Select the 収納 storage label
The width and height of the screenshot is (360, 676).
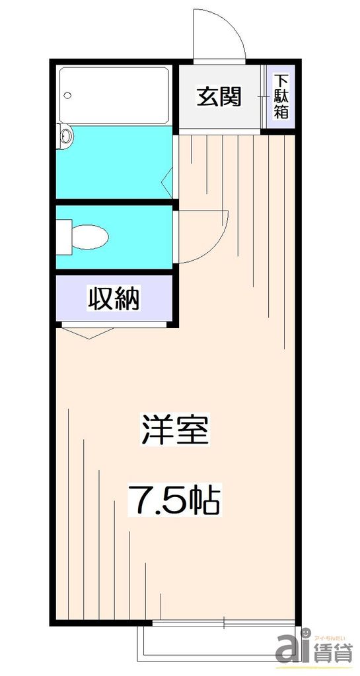pyautogui.click(x=114, y=300)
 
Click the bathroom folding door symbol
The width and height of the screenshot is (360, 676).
pyautogui.click(x=168, y=178)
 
